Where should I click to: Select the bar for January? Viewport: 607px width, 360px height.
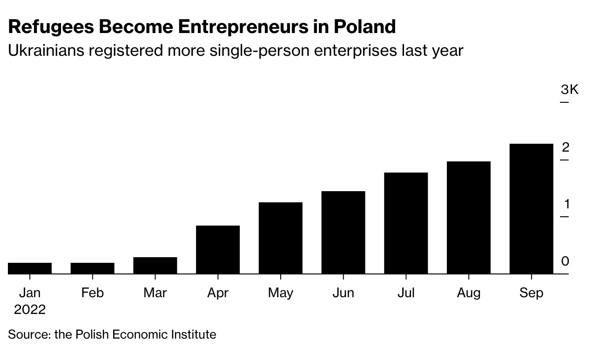[x=30, y=268]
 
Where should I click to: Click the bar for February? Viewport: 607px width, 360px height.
[x=93, y=268]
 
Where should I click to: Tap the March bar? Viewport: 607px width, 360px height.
[x=155, y=266]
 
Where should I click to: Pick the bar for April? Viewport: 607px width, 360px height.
[x=218, y=250]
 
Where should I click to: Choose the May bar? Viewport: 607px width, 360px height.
[x=280, y=238]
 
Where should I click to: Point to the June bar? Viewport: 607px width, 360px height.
[x=343, y=233]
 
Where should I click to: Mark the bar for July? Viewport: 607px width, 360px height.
[x=406, y=223]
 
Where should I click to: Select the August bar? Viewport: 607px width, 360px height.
[x=468, y=218]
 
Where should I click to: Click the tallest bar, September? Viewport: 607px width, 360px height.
[x=531, y=209]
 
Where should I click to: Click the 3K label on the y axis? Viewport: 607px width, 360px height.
[x=569, y=89]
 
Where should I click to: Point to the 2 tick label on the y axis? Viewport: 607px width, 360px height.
[x=566, y=147]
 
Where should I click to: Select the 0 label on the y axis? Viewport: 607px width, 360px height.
[x=566, y=261]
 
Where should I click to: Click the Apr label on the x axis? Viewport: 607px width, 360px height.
[x=218, y=293]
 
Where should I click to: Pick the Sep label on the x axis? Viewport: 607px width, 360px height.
[x=531, y=293]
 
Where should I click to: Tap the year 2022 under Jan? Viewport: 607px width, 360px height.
[x=30, y=309]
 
